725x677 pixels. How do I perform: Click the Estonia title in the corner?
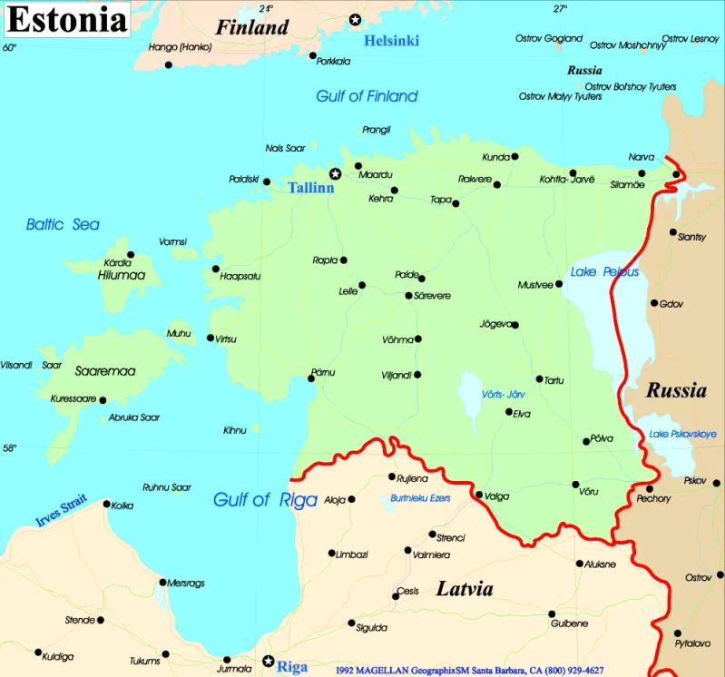tap(66, 19)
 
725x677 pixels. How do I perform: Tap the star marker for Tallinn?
tap(335, 173)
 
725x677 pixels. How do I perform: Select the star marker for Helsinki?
tap(355, 20)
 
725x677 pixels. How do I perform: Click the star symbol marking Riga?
tap(268, 662)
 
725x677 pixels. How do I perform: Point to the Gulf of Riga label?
tap(265, 499)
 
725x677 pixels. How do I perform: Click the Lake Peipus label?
tap(604, 272)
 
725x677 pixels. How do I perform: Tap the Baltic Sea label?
tap(63, 224)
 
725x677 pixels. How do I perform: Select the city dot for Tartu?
tap(539, 379)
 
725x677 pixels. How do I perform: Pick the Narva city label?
tap(641, 157)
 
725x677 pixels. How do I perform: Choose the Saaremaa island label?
tap(105, 371)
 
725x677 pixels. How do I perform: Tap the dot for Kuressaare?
tap(103, 400)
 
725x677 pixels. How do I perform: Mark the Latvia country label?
tap(465, 589)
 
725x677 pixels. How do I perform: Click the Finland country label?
tap(251, 27)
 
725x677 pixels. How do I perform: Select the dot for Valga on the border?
tap(479, 495)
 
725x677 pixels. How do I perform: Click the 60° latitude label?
tap(9, 47)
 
